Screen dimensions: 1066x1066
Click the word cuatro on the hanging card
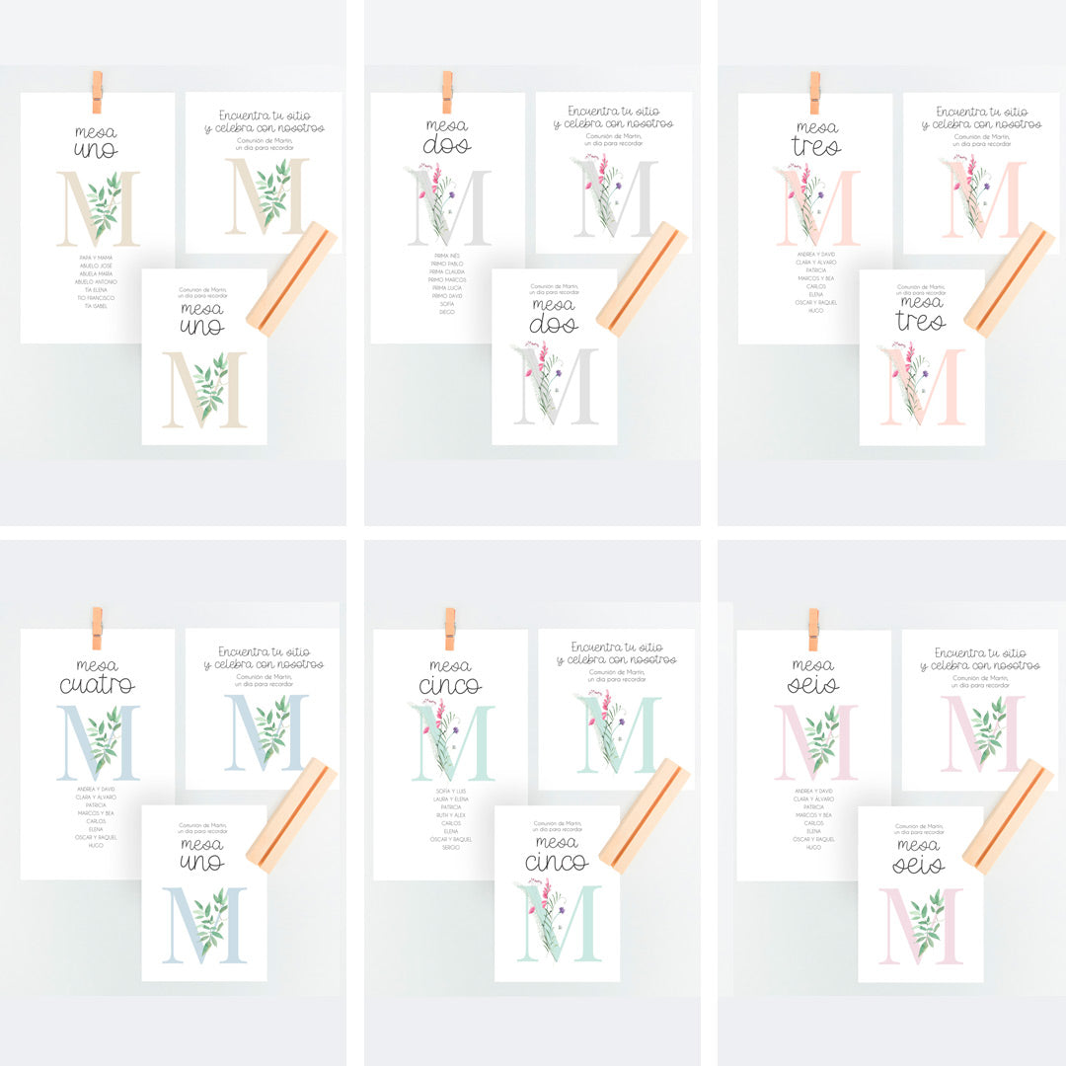click(x=97, y=685)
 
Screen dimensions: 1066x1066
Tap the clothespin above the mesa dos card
click(x=447, y=92)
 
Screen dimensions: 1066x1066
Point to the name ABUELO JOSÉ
click(x=97, y=266)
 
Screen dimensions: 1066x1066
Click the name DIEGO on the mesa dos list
click(x=447, y=313)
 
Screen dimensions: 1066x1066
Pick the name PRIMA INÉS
click(x=447, y=257)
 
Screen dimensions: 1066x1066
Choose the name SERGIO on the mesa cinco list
click(x=450, y=848)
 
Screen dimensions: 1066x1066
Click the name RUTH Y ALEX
click(x=450, y=815)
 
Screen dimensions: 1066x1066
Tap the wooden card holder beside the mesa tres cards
click(x=1009, y=279)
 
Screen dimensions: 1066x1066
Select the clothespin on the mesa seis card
click(x=813, y=629)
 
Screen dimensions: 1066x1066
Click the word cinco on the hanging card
click(x=450, y=686)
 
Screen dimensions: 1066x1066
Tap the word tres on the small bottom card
click(x=920, y=322)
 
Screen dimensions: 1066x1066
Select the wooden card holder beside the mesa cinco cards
click(x=645, y=815)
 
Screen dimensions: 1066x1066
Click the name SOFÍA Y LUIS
click(x=450, y=792)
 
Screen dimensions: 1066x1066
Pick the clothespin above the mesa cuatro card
click(x=97, y=629)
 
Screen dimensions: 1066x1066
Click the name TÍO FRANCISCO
click(x=97, y=297)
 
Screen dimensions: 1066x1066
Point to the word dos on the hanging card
click(x=447, y=147)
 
